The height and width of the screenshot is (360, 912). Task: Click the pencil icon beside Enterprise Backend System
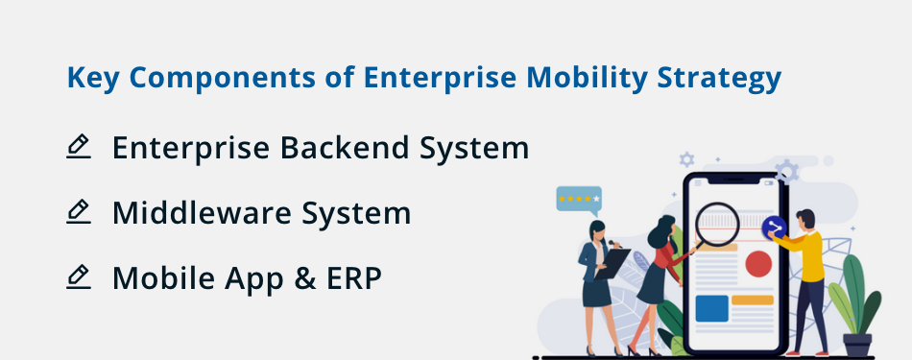click(x=79, y=147)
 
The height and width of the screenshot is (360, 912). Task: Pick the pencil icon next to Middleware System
click(x=79, y=211)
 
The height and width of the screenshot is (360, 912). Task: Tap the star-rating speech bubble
click(x=579, y=199)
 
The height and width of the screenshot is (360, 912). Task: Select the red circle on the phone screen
click(x=758, y=262)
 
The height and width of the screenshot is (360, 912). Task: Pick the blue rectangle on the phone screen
click(x=711, y=308)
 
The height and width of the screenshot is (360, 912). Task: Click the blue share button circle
click(x=774, y=228)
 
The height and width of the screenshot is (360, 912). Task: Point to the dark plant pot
click(x=856, y=344)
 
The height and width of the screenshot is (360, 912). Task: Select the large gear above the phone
click(x=786, y=171)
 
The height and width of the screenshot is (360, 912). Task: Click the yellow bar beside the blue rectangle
click(x=753, y=300)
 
